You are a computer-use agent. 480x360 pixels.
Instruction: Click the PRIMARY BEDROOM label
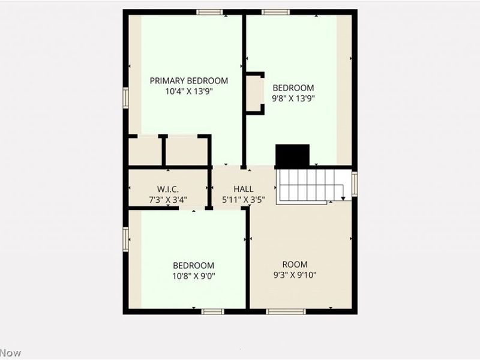[189, 81]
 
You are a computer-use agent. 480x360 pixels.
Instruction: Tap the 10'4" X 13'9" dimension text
[189, 92]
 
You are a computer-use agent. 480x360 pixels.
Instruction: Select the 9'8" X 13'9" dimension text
[294, 98]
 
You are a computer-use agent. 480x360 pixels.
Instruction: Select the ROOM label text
[295, 265]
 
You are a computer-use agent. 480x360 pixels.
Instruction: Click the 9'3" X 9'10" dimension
[295, 275]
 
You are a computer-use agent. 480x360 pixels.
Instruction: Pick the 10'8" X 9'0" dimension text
[194, 276]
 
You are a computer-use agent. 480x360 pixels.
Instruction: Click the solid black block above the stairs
[292, 155]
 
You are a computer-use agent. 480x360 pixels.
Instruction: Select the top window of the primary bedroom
[210, 12]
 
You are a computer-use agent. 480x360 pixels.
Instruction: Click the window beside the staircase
[355, 183]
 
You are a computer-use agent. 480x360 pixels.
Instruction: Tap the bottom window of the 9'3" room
[286, 311]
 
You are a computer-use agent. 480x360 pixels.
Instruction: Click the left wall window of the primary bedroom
[126, 97]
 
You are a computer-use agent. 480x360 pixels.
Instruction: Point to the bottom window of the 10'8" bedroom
[212, 311]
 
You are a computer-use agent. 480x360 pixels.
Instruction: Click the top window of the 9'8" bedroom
[275, 12]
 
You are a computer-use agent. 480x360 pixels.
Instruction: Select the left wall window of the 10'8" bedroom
[126, 238]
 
